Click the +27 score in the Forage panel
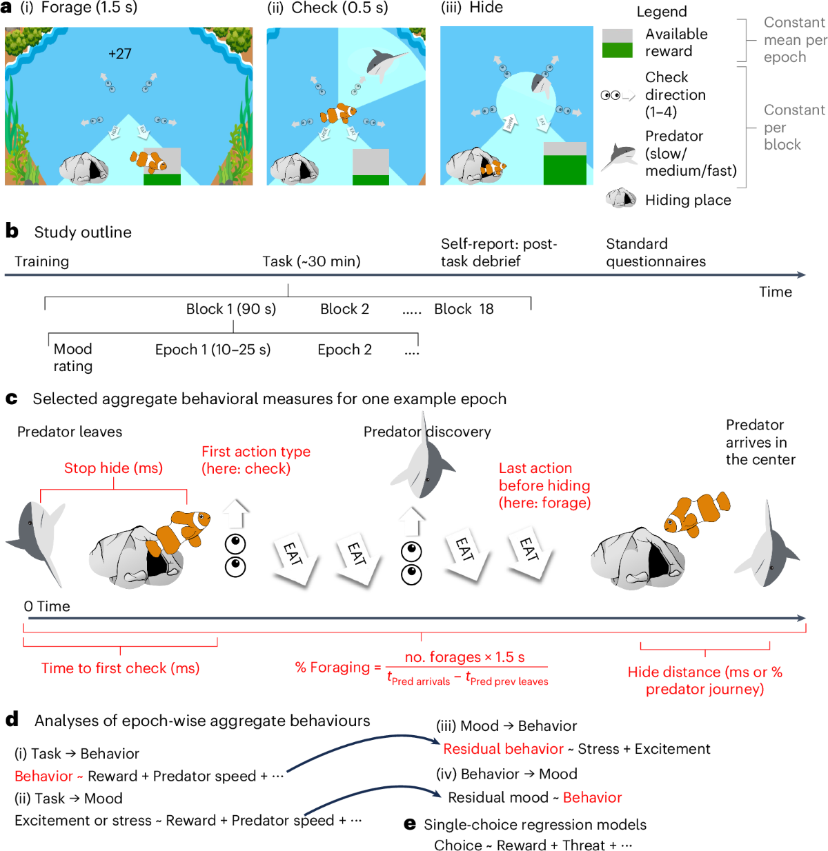click(120, 54)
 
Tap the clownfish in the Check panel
click(338, 112)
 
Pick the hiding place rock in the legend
click(620, 199)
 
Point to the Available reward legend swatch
click(617, 43)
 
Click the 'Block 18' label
click(464, 309)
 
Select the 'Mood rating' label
click(73, 357)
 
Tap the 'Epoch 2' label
click(344, 350)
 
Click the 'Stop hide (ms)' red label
click(113, 468)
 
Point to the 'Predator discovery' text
click(427, 432)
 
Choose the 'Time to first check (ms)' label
click(120, 668)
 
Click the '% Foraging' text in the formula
click(333, 668)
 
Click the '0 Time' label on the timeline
click(47, 606)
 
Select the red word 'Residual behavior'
click(503, 749)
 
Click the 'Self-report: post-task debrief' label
click(499, 252)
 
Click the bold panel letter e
click(410, 824)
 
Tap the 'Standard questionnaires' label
click(655, 252)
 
